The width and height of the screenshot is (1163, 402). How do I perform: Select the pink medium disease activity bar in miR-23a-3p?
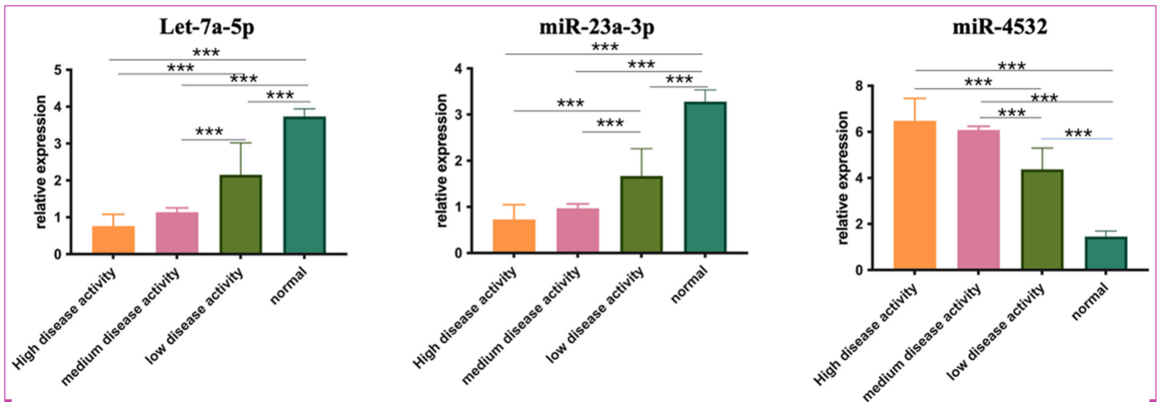click(x=578, y=230)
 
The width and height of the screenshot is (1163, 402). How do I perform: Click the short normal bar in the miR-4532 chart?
click(x=1105, y=253)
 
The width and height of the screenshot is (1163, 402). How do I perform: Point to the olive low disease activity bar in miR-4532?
click(x=1042, y=219)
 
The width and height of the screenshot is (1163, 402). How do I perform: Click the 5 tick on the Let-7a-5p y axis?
click(x=58, y=70)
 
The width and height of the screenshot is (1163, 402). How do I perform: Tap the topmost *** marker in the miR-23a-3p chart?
click(x=604, y=47)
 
